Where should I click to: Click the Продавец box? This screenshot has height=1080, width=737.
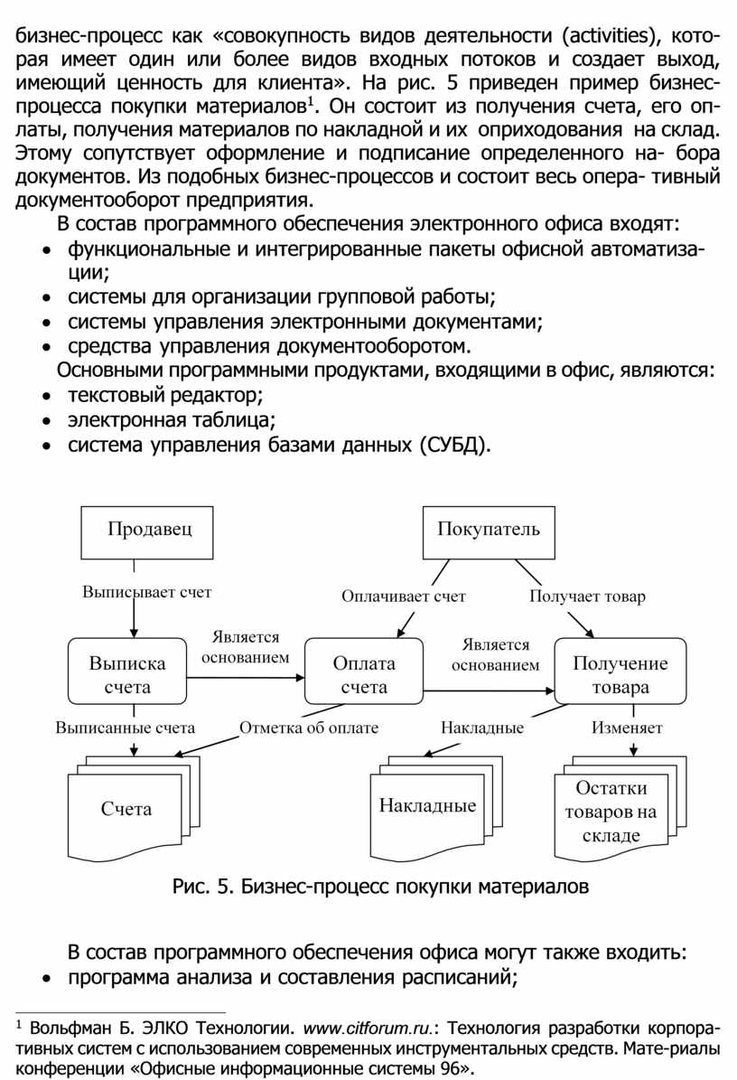click(150, 531)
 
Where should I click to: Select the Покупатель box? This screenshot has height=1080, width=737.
click(489, 531)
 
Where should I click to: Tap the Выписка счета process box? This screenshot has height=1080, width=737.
click(127, 673)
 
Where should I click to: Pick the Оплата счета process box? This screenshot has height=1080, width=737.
click(364, 673)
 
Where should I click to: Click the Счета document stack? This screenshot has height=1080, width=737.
click(126, 809)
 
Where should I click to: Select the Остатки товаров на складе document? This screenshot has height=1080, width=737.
click(611, 811)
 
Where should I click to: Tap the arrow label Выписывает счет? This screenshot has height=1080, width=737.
click(147, 593)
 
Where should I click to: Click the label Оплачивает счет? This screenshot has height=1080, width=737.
click(403, 596)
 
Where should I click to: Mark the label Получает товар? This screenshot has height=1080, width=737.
click(587, 596)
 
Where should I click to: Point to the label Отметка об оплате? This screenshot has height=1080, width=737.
click(309, 728)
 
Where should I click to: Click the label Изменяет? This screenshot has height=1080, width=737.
click(627, 728)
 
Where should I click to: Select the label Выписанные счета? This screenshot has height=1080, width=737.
click(126, 728)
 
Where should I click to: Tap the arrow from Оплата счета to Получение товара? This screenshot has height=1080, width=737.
click(488, 691)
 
